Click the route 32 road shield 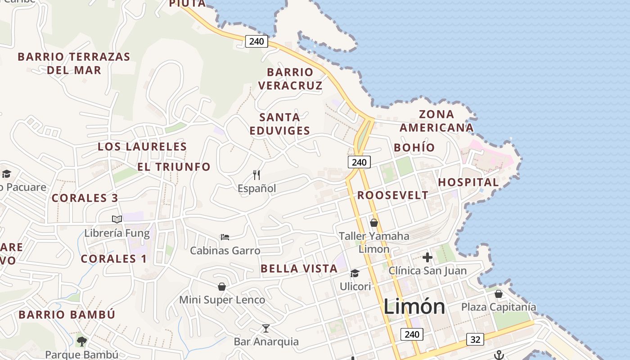[x=475, y=339]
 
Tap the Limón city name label [x=414, y=307]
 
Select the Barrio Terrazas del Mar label [x=74, y=63]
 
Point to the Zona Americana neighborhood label [x=436, y=121]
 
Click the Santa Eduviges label [x=279, y=124]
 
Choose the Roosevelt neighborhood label [x=393, y=195]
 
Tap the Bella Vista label [x=299, y=269]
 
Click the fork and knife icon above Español [x=256, y=175]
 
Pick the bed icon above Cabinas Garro [x=225, y=237]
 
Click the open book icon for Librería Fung [x=117, y=219]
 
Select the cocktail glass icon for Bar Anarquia [x=266, y=328]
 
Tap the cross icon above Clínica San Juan [x=427, y=257]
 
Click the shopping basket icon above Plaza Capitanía [x=498, y=294]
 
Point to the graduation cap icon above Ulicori [x=355, y=273]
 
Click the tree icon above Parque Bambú [x=81, y=342]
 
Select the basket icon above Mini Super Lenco [x=222, y=286]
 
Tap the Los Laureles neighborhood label [x=142, y=147]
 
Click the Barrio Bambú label [x=67, y=315]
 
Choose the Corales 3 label [x=85, y=198]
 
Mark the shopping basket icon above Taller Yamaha [x=373, y=222]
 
